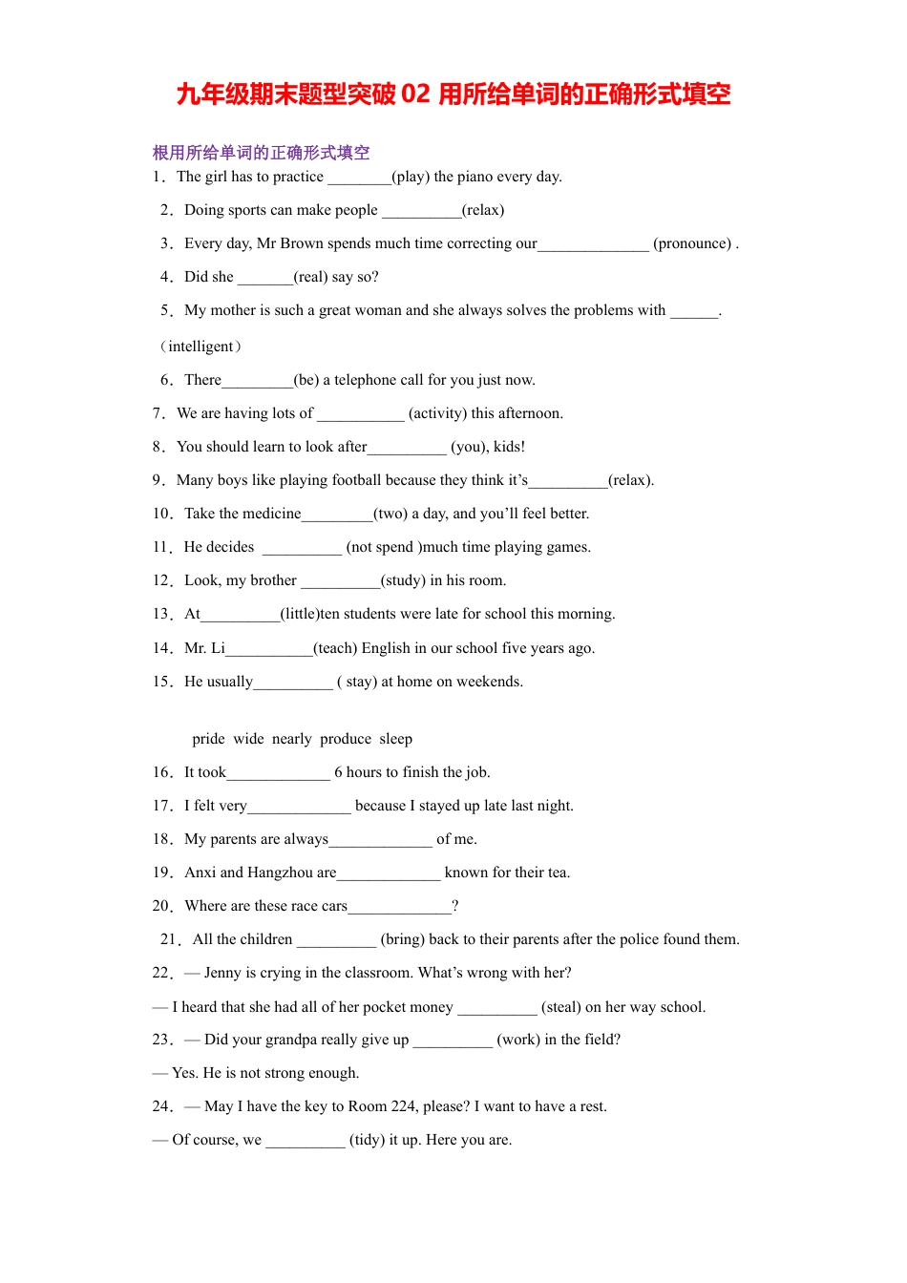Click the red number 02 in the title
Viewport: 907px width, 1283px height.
coord(416,95)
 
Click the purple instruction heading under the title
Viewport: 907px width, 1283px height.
coord(261,153)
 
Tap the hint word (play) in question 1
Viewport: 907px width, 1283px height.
coord(411,177)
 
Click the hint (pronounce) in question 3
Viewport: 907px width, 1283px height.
coord(692,243)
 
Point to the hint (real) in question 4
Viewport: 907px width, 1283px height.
coord(311,277)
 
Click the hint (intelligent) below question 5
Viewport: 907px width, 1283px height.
coord(200,347)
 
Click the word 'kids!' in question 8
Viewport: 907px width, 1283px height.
coord(508,447)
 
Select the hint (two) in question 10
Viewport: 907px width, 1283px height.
coord(390,514)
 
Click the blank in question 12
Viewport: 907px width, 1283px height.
coord(340,582)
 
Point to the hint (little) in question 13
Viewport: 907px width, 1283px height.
coord(299,614)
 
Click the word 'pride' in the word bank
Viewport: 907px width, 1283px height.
coord(208,739)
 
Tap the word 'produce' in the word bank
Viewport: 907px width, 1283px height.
coord(346,739)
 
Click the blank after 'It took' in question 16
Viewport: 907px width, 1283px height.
coord(278,774)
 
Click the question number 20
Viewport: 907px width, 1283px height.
coord(161,906)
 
